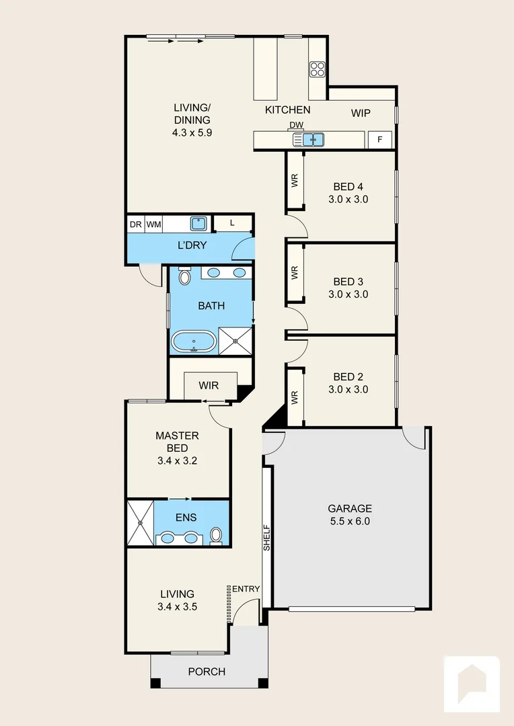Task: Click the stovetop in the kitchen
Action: tap(318, 69)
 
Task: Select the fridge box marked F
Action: tap(380, 140)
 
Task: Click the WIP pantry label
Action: tap(361, 113)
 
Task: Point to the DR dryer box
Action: tap(135, 223)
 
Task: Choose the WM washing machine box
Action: tap(153, 223)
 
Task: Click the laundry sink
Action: tap(198, 223)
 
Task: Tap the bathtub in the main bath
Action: tap(194, 341)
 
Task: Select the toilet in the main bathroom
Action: tap(185, 276)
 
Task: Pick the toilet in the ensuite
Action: tap(216, 536)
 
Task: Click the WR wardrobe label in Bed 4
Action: tap(294, 180)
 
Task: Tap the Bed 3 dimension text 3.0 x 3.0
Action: tap(348, 294)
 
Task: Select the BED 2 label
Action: tap(348, 376)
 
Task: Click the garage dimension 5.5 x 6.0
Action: tap(349, 521)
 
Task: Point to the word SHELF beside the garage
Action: tap(266, 538)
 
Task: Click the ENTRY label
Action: tap(246, 589)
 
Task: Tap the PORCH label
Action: tap(207, 672)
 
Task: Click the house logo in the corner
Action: tap(471, 684)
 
